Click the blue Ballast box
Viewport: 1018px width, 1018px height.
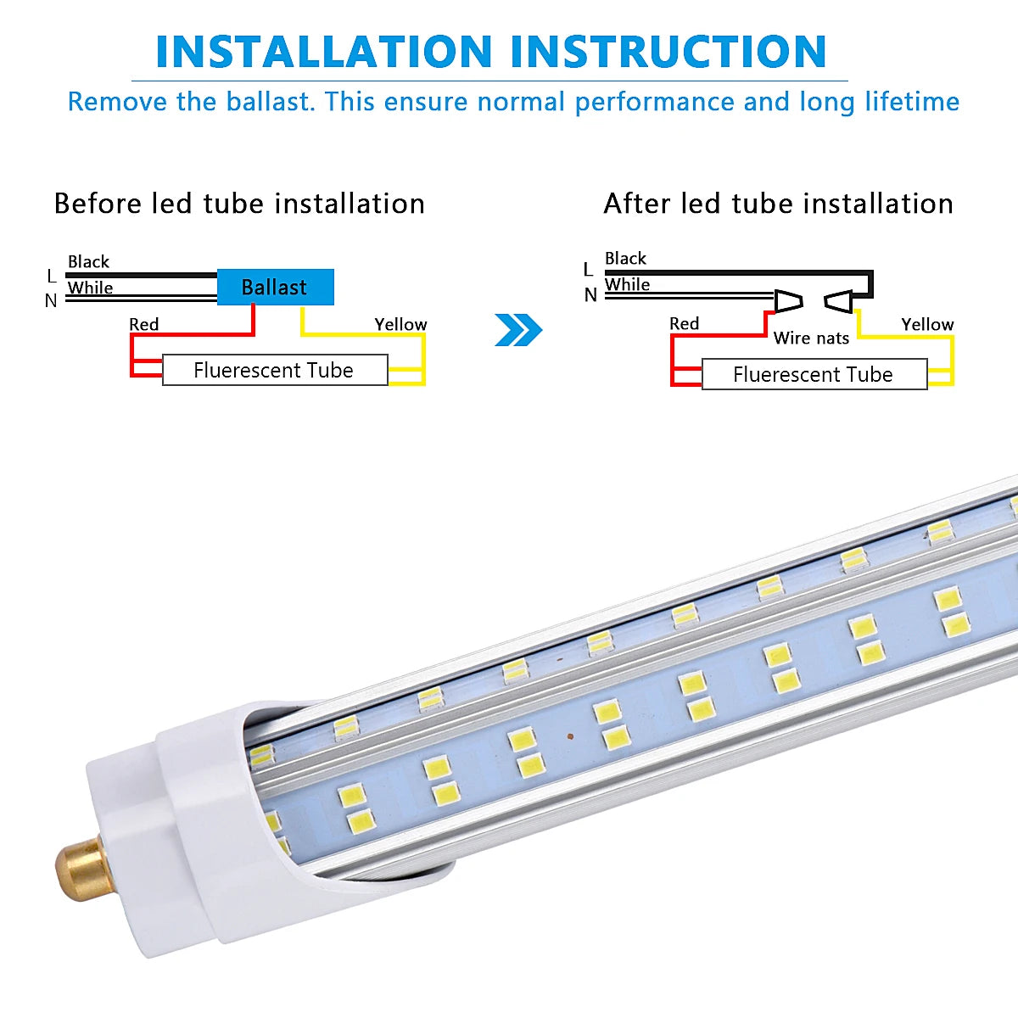point(275,288)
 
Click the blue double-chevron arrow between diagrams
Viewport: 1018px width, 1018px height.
point(517,330)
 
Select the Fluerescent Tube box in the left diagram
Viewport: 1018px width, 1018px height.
point(274,370)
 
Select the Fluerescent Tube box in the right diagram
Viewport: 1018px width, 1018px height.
point(814,374)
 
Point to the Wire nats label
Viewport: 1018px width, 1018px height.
point(811,338)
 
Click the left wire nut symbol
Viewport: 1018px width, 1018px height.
point(788,300)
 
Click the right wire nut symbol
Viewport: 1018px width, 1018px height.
point(839,300)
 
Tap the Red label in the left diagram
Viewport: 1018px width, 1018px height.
point(143,324)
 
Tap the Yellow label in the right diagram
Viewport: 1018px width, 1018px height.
point(927,324)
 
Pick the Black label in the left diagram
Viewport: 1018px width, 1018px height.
point(88,261)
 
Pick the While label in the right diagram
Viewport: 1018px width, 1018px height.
point(627,284)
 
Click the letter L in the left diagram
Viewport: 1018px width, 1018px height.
point(52,276)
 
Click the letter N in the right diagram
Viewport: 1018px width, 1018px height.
point(590,295)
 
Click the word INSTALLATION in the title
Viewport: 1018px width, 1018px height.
point(324,52)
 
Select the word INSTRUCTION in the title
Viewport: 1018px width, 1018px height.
point(668,52)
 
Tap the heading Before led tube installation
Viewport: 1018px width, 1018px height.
point(239,204)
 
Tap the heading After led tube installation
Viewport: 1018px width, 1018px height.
point(778,204)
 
